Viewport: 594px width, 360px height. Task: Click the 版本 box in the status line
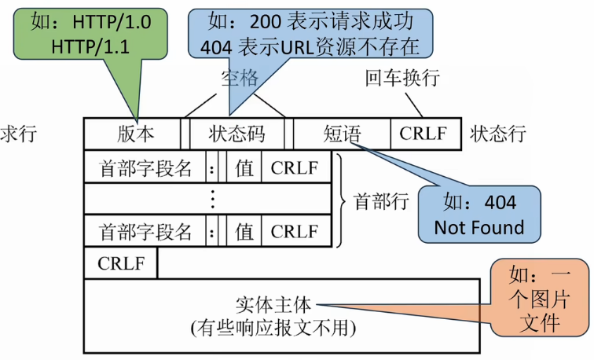tap(131, 134)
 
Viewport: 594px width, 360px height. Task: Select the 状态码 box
tap(237, 134)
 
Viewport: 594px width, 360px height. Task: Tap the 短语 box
tap(342, 134)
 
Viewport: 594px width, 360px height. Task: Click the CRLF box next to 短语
tap(424, 134)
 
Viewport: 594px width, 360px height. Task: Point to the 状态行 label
tap(498, 134)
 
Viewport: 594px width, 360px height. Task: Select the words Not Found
tap(479, 228)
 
